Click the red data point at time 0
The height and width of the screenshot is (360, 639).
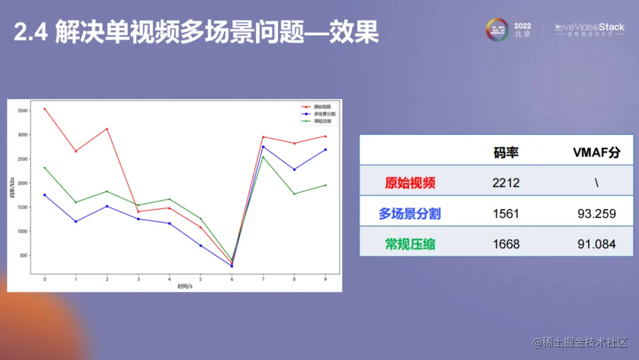[x=44, y=109]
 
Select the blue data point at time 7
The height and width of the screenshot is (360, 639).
[x=263, y=147]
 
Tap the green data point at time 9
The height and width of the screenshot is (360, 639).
[x=325, y=185]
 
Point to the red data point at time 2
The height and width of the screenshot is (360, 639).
[x=107, y=129]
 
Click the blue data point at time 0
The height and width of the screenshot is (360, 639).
[x=44, y=195]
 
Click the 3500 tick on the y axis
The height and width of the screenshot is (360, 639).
[x=22, y=111]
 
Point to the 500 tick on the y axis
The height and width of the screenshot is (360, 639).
[x=24, y=256]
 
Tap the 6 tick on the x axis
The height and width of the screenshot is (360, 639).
[x=232, y=279]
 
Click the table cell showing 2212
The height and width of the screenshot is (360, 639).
[x=506, y=182]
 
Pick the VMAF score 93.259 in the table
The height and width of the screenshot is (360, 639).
[x=596, y=213]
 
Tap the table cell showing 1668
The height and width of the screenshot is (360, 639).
[x=506, y=244]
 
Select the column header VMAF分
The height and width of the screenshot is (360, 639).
[x=596, y=152]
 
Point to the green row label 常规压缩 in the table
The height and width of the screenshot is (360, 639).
[x=410, y=244]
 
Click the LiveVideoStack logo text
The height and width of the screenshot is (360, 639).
[x=590, y=27]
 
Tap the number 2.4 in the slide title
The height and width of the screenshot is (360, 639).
[x=30, y=33]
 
